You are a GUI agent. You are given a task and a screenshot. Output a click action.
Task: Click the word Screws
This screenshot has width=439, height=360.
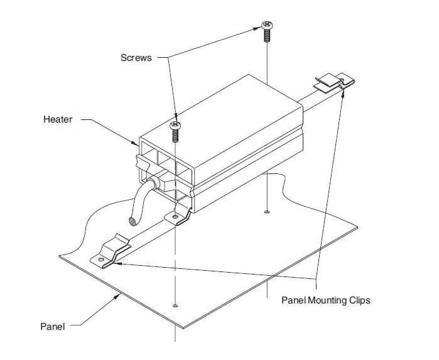click(x=136, y=57)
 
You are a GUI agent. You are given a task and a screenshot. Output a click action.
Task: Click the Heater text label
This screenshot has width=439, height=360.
click(x=57, y=119)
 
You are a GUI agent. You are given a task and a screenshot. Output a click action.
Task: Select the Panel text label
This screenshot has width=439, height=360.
click(x=52, y=326)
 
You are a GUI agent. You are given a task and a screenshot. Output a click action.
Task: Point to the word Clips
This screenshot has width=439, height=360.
click(x=359, y=300)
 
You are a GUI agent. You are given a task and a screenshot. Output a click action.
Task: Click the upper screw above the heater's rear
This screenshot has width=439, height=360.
click(x=266, y=29)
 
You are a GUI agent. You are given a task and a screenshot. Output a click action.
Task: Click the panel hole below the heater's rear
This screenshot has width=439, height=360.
click(x=268, y=212)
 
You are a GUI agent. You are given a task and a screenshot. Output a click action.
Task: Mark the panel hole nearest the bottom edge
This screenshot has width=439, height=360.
click(x=175, y=305)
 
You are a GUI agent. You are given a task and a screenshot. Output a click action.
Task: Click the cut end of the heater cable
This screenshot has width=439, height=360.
click(x=133, y=221)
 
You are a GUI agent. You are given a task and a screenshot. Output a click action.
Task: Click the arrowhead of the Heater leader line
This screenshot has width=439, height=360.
click(x=135, y=144)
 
